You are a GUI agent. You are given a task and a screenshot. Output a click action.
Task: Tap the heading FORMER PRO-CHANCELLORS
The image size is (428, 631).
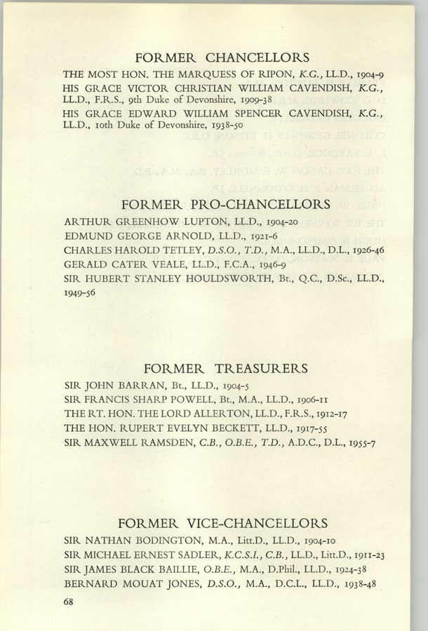[x=225, y=205]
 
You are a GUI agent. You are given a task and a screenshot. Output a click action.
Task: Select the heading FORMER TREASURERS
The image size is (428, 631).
[x=225, y=368]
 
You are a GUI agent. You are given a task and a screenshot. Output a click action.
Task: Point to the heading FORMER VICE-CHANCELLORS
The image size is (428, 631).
[x=223, y=524]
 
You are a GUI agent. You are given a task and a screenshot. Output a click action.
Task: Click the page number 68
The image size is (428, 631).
[x=69, y=601]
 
